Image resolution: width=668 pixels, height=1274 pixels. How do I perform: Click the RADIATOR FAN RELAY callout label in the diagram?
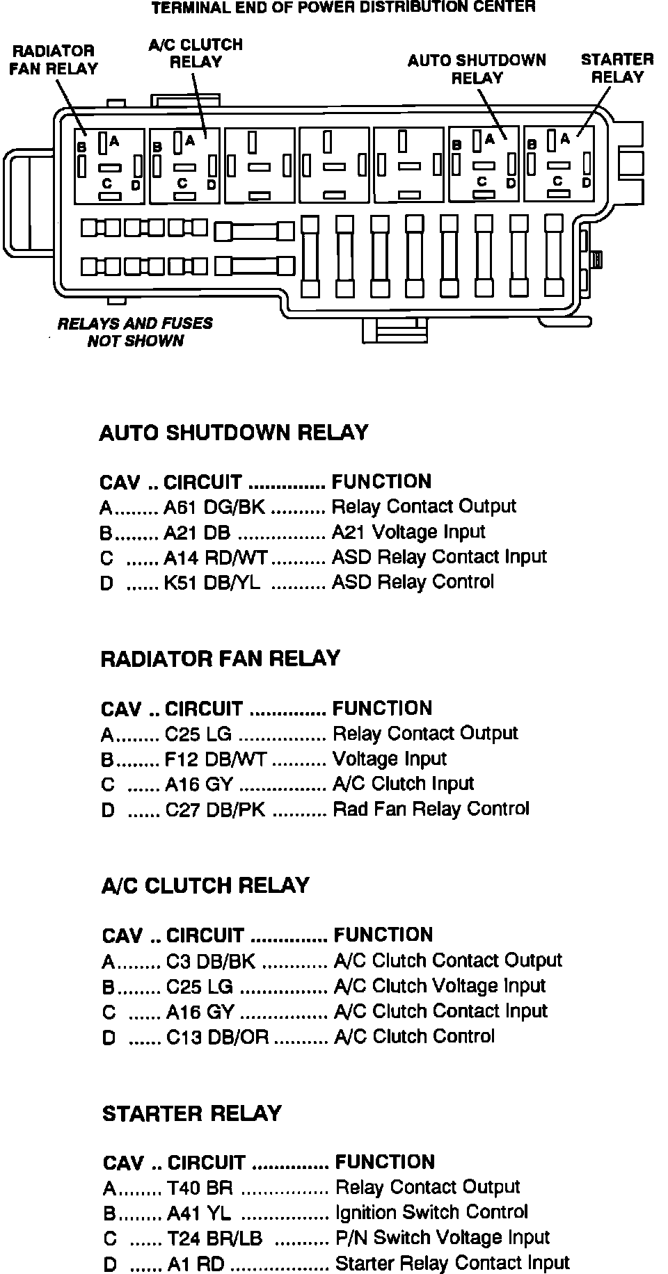[x=54, y=60]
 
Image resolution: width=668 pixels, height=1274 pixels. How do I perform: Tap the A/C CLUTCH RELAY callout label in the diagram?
[x=196, y=54]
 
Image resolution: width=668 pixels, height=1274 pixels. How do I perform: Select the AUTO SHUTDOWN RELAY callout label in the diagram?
[x=477, y=69]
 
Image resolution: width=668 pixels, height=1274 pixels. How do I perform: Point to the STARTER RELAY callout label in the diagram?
[x=617, y=68]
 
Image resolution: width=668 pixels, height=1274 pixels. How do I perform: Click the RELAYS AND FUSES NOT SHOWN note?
[x=135, y=332]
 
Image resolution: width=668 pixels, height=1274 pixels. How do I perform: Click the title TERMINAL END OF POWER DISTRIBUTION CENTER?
[x=344, y=8]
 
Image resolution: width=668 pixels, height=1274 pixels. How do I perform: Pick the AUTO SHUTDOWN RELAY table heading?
[x=234, y=433]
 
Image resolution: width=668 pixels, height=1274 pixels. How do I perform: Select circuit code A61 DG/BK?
[x=214, y=507]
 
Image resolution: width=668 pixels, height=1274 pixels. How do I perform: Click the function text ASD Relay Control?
[x=413, y=582]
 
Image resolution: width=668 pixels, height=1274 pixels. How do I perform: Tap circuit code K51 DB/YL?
[x=212, y=583]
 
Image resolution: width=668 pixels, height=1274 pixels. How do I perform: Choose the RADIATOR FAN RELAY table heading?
[x=221, y=659]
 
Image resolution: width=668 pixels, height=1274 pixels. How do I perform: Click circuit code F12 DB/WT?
[x=216, y=759]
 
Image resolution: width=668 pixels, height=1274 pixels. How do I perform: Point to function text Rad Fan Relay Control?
[x=431, y=809]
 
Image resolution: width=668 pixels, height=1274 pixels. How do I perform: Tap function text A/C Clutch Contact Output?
[x=447, y=961]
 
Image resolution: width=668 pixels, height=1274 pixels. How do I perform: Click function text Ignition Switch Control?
[x=431, y=1213]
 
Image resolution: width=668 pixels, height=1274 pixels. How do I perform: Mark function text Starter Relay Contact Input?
[x=452, y=1263]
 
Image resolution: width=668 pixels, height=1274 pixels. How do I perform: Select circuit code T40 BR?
[x=200, y=1188]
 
